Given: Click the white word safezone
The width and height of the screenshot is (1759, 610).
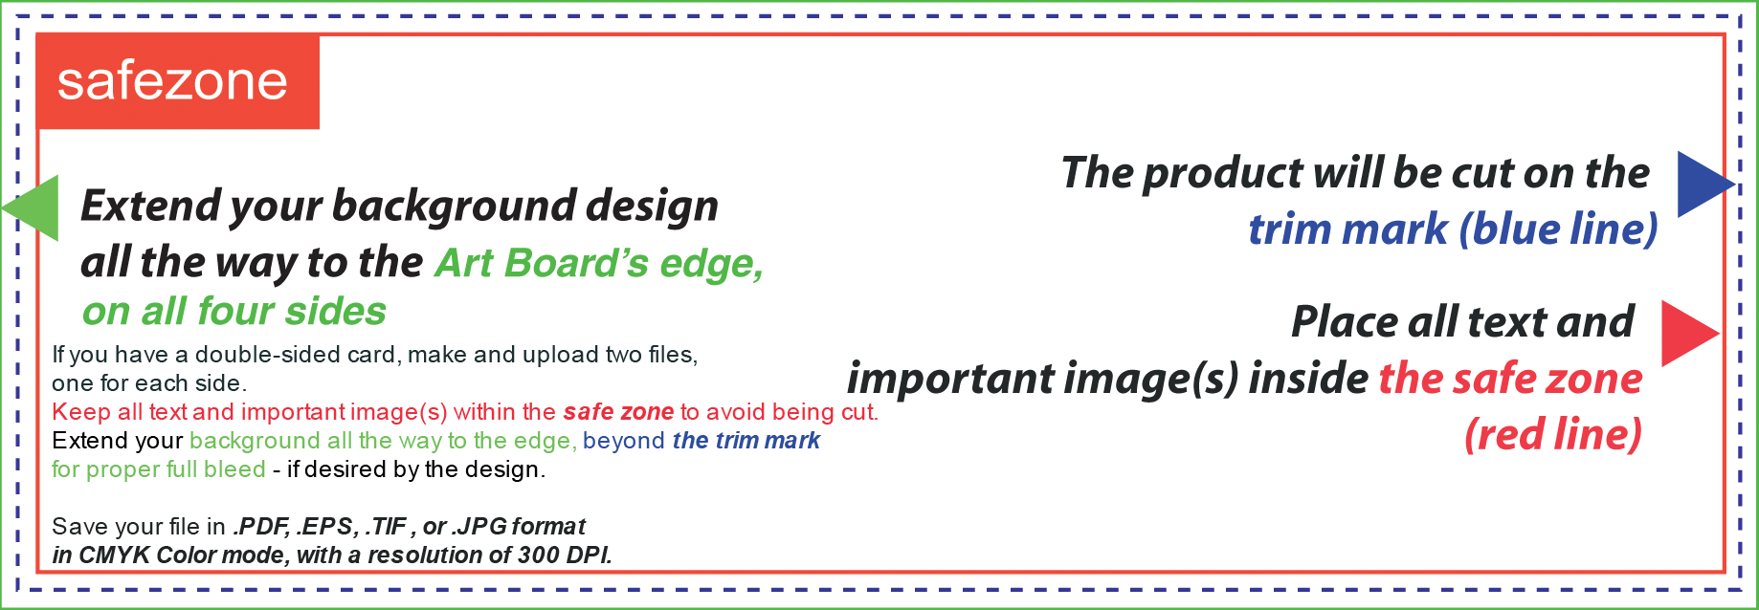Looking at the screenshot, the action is coord(172,81).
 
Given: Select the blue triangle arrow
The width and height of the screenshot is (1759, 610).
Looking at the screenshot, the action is coord(1705,184).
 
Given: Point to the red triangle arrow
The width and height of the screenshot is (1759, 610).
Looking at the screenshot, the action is coord(1689,333).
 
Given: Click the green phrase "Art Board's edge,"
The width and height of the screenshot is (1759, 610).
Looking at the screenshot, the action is coord(599,264).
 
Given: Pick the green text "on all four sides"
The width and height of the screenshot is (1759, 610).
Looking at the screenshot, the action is coord(234,312).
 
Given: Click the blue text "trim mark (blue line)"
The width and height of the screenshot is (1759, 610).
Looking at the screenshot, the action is coord(1453,229).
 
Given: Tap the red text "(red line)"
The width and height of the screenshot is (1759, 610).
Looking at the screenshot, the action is coord(1553,435).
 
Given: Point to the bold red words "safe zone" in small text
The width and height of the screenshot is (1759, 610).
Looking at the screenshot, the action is coord(618,412).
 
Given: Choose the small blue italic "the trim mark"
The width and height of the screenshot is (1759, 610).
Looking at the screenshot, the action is coord(746,441).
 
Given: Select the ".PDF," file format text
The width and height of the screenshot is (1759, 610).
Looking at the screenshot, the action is coord(261,527).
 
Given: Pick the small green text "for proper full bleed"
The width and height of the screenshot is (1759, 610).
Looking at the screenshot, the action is coord(159,469).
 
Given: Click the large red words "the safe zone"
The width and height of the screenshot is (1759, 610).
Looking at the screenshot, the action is coord(1511,379).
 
